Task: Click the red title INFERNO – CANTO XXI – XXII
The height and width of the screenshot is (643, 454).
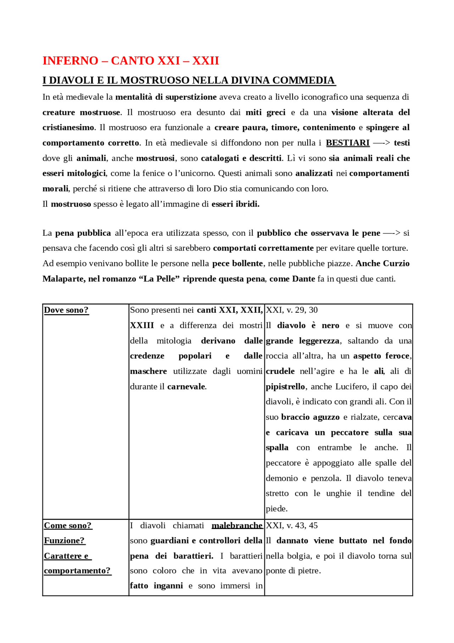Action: tap(131, 61)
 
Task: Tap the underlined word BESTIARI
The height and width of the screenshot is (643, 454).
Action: tap(347, 143)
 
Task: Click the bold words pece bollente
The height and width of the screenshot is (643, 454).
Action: tap(237, 263)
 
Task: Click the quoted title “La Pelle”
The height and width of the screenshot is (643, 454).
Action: tap(159, 279)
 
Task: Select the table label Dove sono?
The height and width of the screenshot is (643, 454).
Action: tap(66, 310)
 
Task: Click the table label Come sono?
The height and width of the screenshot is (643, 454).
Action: tap(67, 525)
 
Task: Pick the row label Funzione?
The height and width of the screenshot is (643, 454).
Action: tap(64, 540)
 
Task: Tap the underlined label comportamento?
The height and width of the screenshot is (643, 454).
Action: tap(77, 571)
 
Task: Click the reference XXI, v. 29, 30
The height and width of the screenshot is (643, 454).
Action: tap(292, 310)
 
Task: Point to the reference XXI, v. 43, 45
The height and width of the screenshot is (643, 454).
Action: tap(292, 525)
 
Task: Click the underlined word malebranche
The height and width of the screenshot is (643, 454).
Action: tap(237, 525)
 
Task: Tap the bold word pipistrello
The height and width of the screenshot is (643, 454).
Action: tap(285, 387)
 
